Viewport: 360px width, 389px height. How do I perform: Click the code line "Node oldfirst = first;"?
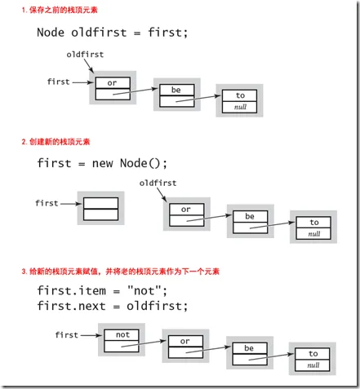point(112,33)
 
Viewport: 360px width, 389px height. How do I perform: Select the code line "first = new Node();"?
point(112,162)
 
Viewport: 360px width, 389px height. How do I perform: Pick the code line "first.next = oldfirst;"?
point(112,306)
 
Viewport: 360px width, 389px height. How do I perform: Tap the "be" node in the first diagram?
point(176,95)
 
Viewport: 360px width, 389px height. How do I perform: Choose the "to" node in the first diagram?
point(239,100)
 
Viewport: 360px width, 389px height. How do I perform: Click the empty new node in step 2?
point(101,209)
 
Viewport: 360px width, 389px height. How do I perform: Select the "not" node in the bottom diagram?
point(122,340)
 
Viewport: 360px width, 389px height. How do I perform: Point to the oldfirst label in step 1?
point(85,55)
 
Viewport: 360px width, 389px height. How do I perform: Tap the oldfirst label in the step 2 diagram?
point(158,183)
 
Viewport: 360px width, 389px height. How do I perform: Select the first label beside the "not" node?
point(66,334)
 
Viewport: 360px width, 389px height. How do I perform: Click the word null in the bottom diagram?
point(313,365)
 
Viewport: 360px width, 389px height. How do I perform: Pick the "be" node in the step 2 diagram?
point(250,223)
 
